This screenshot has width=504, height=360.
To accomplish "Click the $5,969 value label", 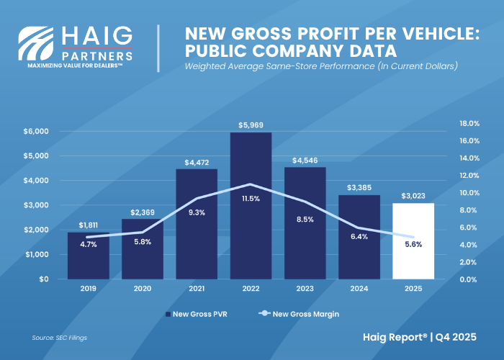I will [x=251, y=125].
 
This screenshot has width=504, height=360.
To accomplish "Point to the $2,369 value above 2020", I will [x=143, y=212].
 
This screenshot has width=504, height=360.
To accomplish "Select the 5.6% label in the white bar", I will [x=413, y=244].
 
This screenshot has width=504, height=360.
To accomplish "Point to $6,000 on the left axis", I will [x=35, y=131].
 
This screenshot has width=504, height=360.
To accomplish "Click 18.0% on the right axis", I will [x=469, y=123].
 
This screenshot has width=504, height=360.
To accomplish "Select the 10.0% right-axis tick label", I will [x=469, y=193].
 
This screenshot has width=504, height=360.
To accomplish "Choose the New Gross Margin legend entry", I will [x=303, y=314].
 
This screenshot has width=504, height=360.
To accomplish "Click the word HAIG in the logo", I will [x=97, y=35].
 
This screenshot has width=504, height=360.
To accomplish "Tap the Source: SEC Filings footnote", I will [x=60, y=337].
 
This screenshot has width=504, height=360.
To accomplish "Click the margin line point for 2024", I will [x=359, y=228].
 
